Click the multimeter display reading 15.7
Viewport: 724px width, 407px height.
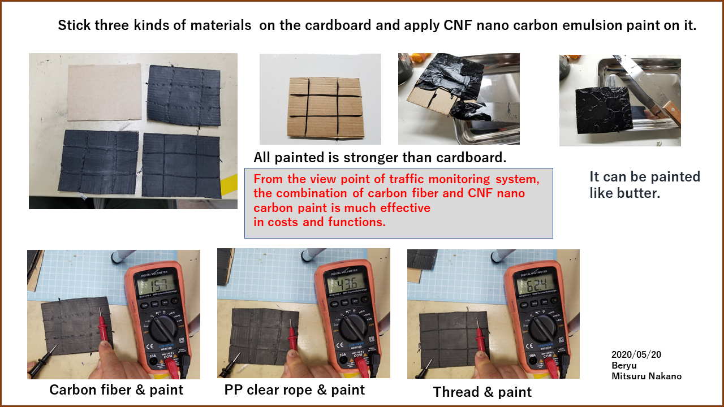coord(157,285)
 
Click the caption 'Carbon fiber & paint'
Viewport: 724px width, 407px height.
coord(117,390)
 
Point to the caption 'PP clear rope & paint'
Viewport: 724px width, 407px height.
coord(295,390)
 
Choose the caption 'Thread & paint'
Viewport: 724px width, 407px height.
coord(482,392)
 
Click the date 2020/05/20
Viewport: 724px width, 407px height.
coord(636,354)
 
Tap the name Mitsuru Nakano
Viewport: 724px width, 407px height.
coord(647,376)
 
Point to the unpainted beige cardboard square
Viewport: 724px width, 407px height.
coord(105,92)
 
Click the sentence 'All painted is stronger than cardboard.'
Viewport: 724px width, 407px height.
coord(380,158)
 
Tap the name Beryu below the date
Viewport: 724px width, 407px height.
coord(624,366)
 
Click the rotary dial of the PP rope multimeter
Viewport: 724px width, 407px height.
coord(354,327)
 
